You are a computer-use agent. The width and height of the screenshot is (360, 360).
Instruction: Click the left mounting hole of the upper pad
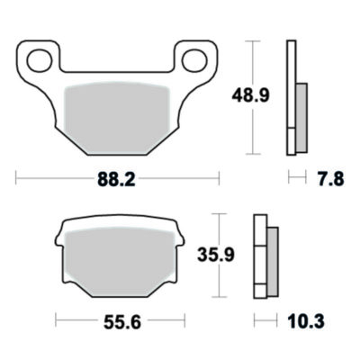point(38,61)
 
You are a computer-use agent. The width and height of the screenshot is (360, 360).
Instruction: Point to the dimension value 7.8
point(329,180)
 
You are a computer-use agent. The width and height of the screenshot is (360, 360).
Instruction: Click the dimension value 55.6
point(123,320)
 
